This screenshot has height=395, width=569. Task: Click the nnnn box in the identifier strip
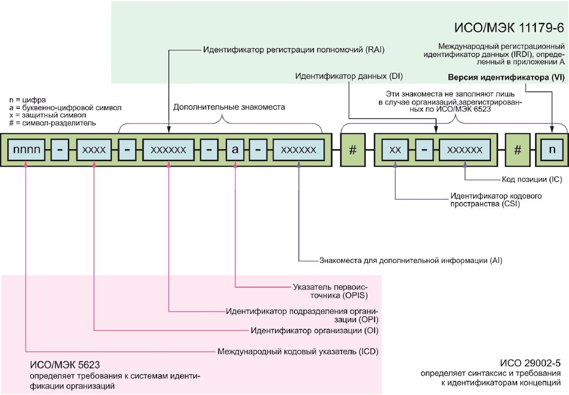pyautogui.click(x=26, y=149)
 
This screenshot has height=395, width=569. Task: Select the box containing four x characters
pyautogui.click(x=94, y=149)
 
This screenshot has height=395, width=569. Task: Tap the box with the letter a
pyautogui.click(x=235, y=149)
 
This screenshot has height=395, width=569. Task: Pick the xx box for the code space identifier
pyautogui.click(x=395, y=149)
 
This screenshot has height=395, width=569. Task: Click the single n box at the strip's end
pyautogui.click(x=552, y=149)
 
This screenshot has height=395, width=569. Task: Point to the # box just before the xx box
pyautogui.click(x=353, y=150)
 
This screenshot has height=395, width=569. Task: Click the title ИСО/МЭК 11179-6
pyautogui.click(x=509, y=28)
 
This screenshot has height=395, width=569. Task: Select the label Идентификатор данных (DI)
pyautogui.click(x=348, y=76)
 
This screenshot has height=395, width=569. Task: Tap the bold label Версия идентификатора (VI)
pyautogui.click(x=506, y=77)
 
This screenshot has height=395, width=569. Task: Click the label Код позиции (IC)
pyautogui.click(x=532, y=179)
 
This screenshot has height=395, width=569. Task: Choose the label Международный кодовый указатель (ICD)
pyautogui.click(x=298, y=352)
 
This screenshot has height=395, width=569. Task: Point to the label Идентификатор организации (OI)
pyautogui.click(x=314, y=330)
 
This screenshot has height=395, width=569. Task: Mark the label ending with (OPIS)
pyautogui.click(x=331, y=291)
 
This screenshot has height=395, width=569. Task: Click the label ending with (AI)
pyautogui.click(x=411, y=261)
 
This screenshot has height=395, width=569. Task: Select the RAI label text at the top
pyautogui.click(x=293, y=50)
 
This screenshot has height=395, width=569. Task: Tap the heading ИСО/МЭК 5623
pyautogui.click(x=65, y=364)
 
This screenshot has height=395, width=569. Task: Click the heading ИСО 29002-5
pyautogui.click(x=530, y=363)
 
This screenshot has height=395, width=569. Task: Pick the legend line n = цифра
pyautogui.click(x=28, y=100)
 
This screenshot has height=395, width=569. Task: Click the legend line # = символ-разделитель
pyautogui.click(x=52, y=123)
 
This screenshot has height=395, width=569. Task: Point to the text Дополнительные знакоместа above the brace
pyautogui.click(x=229, y=107)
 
